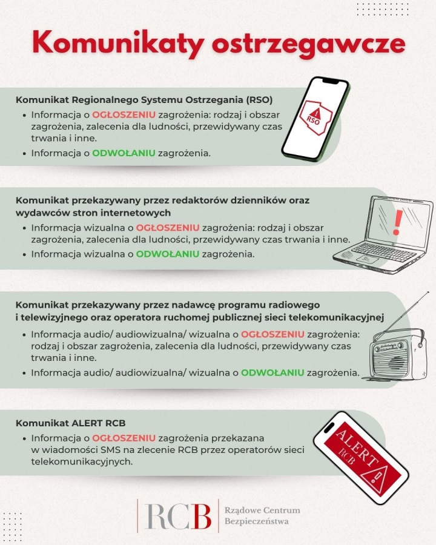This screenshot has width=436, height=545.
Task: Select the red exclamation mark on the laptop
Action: click(x=397, y=222)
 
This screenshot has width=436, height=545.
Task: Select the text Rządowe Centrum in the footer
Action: click(x=262, y=510)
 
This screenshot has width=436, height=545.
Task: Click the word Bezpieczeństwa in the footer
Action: click(x=256, y=521)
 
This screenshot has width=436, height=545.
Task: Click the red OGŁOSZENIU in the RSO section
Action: click(x=124, y=114)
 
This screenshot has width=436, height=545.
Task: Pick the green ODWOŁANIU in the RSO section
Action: click(x=124, y=153)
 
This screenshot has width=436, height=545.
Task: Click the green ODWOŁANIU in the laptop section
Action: click(x=168, y=254)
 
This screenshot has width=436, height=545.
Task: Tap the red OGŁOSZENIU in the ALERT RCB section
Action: click(x=124, y=438)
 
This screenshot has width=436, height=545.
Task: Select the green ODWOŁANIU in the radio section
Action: click(x=272, y=372)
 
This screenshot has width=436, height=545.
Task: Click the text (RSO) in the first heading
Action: click(x=260, y=99)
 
